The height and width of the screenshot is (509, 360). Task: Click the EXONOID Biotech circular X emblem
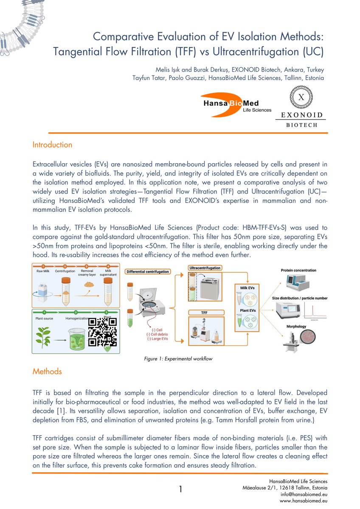click(x=301, y=98)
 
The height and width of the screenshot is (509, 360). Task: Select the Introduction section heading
click(x=52, y=145)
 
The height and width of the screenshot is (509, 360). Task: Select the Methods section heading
click(x=47, y=371)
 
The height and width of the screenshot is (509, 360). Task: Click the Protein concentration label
click(x=298, y=270)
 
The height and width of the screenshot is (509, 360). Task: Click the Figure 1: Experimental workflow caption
click(x=178, y=359)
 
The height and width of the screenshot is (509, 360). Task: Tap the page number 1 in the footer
click(x=180, y=489)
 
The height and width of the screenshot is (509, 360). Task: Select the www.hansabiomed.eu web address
click(x=302, y=501)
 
